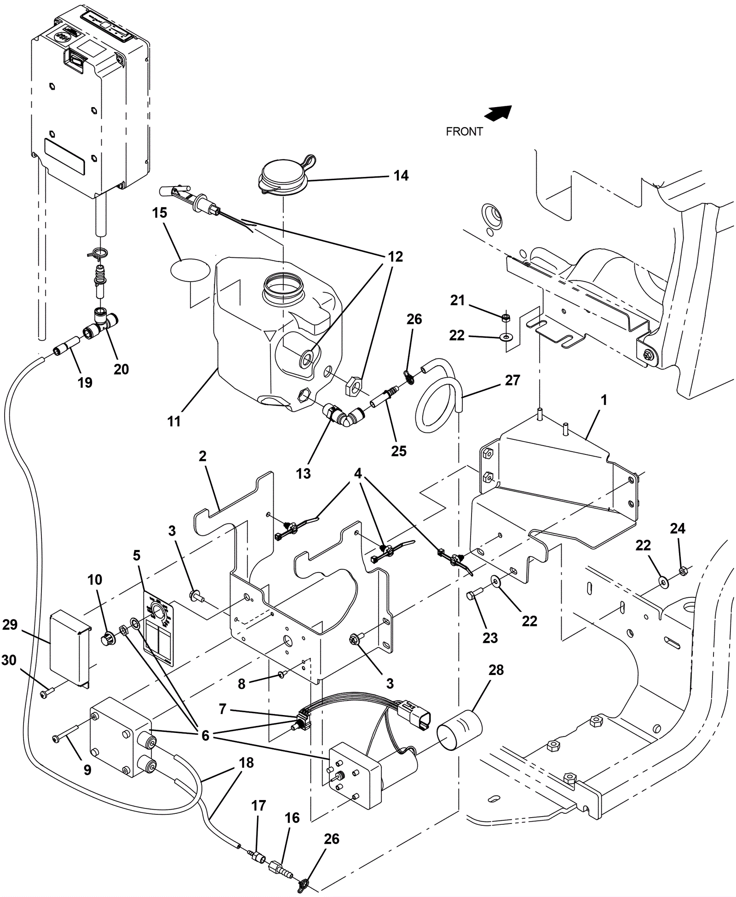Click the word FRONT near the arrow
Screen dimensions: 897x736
pos(464,131)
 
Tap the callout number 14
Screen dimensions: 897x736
pos(401,176)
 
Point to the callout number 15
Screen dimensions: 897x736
pos(160,213)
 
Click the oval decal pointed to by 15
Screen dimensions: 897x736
pos(189,271)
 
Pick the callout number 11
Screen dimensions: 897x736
pos(174,421)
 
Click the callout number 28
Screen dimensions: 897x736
pos(496,670)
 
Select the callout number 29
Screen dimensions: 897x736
pos(10,624)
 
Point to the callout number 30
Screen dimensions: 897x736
pos(9,660)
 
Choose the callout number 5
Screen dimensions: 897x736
pos(137,555)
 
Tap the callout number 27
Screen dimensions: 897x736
pos(512,380)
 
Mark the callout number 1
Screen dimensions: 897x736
pos(604,400)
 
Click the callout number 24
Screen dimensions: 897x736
pos(677,528)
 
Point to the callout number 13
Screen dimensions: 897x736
pos(304,473)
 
